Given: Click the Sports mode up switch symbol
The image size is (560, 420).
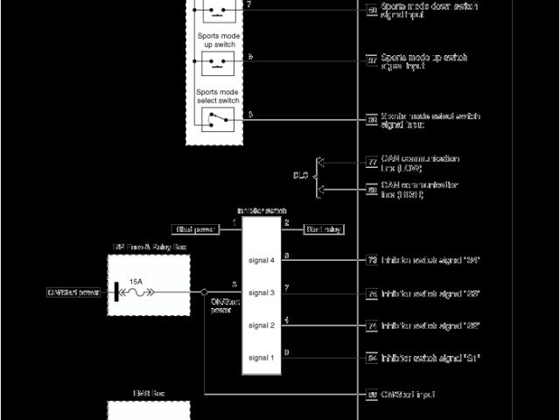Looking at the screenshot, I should [215, 63].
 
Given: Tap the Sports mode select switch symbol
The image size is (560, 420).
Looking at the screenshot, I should [215, 119].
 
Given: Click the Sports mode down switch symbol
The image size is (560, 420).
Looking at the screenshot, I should [215, 11].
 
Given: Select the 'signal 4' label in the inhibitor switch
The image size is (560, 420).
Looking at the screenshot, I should [261, 260].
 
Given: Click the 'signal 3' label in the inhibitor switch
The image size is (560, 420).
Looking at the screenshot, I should [261, 292].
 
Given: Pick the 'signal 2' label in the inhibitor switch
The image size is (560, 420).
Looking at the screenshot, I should [261, 325].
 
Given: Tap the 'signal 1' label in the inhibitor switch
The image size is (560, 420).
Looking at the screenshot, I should [261, 357].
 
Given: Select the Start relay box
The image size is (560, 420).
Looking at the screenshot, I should [323, 229].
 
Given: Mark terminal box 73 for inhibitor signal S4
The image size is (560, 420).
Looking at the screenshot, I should [372, 260].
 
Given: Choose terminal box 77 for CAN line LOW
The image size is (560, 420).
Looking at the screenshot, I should [372, 161].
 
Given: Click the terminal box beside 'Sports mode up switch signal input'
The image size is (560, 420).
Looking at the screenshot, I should [372, 61].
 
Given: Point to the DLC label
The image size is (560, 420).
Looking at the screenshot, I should [300, 175].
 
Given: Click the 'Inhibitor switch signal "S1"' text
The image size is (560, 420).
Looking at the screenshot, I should [430, 358].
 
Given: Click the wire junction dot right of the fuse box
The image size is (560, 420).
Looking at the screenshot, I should [204, 292].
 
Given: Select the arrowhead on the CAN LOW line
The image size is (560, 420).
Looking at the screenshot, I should [319, 162].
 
